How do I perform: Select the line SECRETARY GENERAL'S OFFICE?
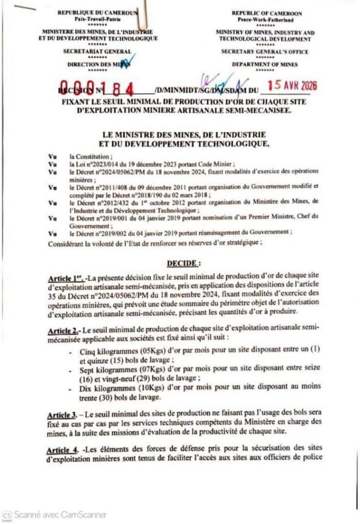coord(265,51)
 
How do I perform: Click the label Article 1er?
coord(66,278)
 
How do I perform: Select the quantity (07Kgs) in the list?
coord(131,369)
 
